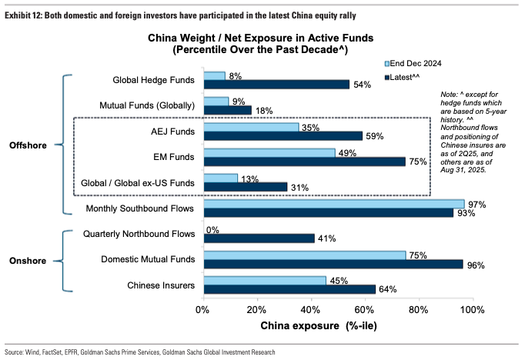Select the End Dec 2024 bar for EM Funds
tap(269, 153)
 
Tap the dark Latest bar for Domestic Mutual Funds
tap(333, 264)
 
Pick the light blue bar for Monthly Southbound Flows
tap(333, 204)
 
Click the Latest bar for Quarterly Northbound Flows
tap(259, 238)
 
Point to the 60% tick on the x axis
tap(364, 310)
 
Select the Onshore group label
tap(30, 260)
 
